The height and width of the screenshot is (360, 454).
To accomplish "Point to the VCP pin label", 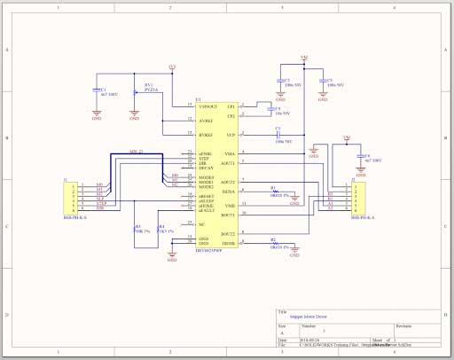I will [x=231, y=135].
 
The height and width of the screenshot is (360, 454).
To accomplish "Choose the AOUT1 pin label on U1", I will [x=229, y=164].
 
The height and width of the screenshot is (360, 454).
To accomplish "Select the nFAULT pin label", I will [x=207, y=210].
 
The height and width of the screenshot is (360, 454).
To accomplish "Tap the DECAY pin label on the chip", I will [x=206, y=168].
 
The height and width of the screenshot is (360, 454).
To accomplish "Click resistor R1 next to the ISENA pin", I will [x=274, y=192].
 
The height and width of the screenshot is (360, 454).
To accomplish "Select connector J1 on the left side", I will [x=68, y=197].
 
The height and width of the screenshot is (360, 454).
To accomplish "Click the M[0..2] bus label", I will [x=136, y=153].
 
